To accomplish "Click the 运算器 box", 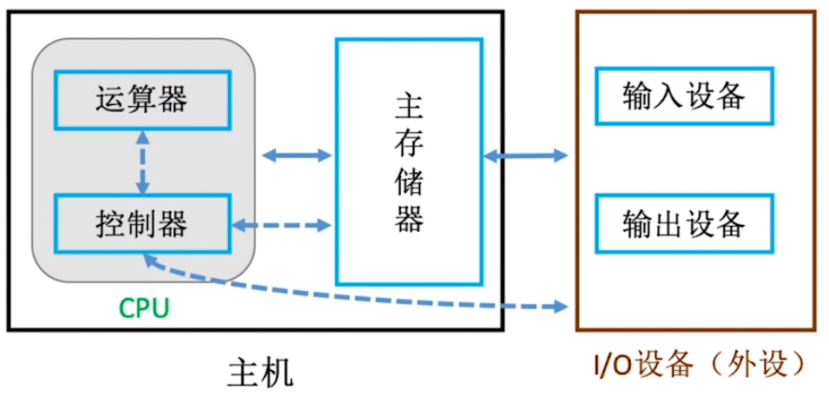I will click(x=141, y=99).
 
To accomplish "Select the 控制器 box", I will click(x=141, y=224).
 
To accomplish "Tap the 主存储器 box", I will click(x=409, y=162).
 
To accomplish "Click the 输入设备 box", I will click(x=683, y=96).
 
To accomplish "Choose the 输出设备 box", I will click(x=683, y=224).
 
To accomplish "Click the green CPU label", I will click(x=143, y=308).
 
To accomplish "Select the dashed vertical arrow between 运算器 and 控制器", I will click(x=141, y=162).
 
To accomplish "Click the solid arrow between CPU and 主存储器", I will click(x=297, y=155).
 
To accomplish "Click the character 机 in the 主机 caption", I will click(x=278, y=371).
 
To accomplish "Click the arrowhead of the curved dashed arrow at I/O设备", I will click(x=559, y=306).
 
